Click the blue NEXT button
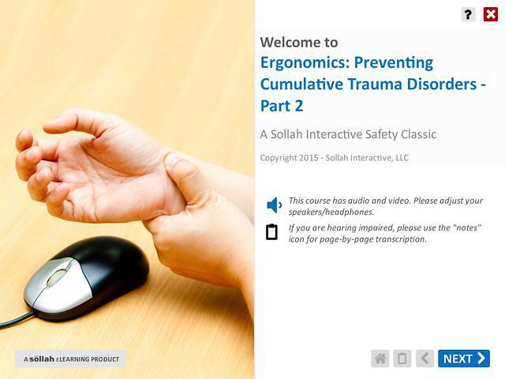(x=464, y=358)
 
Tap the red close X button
(x=490, y=13)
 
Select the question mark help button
(x=469, y=13)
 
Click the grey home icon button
(x=380, y=358)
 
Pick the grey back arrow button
(x=425, y=358)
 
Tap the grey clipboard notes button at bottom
(x=402, y=358)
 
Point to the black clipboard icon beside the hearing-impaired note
(x=272, y=231)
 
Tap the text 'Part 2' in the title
(x=282, y=106)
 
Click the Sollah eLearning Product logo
(x=71, y=359)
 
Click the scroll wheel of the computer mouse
(x=56, y=277)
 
